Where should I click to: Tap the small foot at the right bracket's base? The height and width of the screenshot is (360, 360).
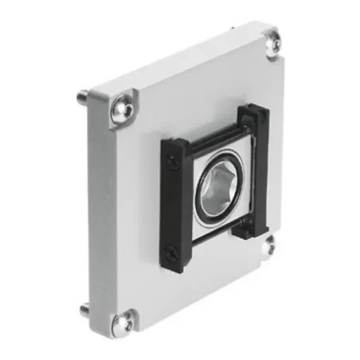tap(243, 227)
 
